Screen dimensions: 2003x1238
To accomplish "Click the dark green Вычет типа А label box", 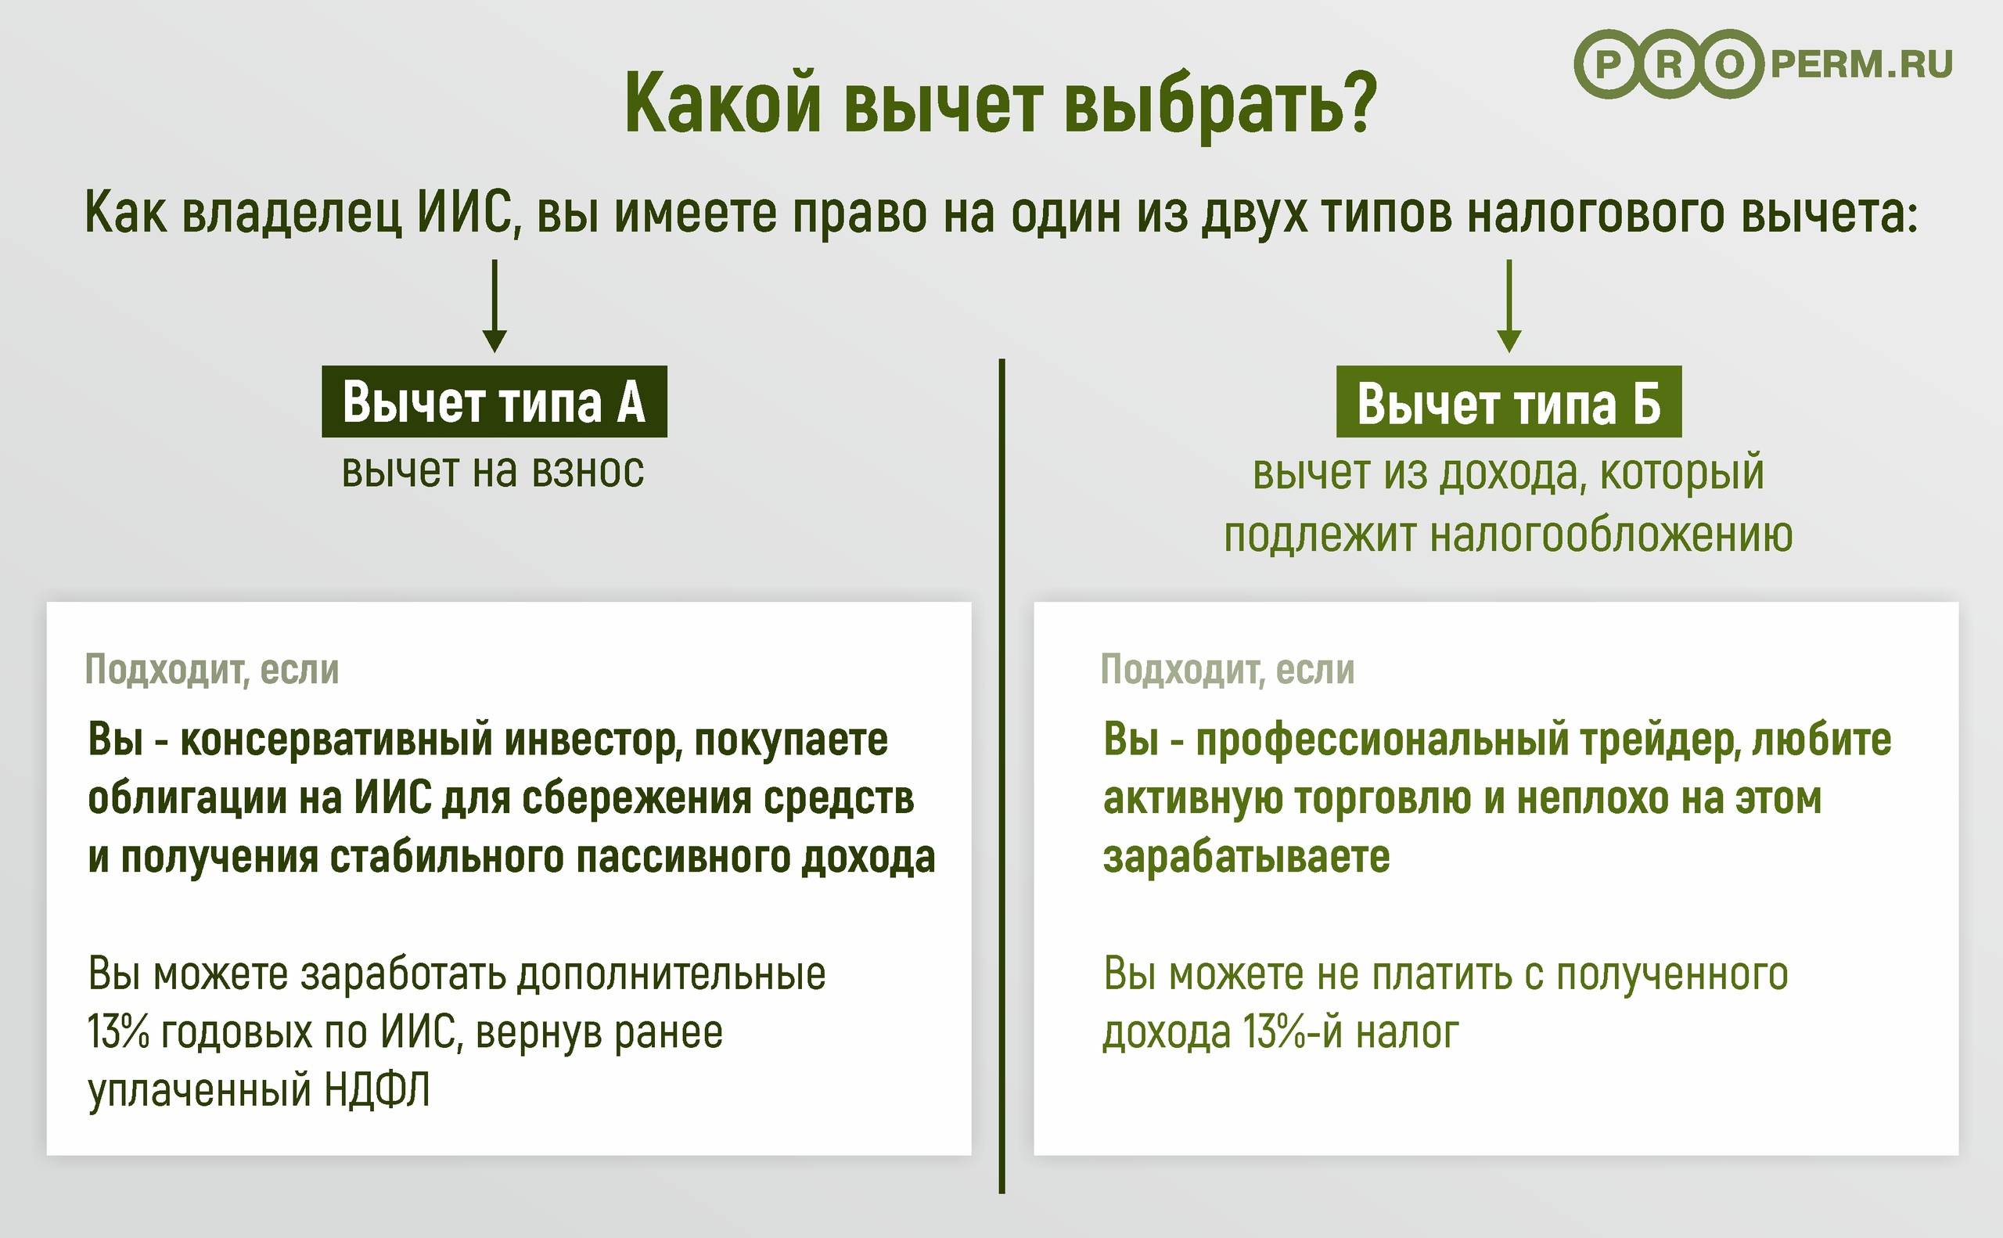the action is pos(494,401).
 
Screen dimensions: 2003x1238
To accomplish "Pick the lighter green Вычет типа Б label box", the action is pos(1509,401).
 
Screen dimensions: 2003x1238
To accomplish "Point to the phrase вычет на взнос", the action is pos(493,472).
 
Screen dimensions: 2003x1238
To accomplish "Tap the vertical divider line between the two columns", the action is pos(1001,776).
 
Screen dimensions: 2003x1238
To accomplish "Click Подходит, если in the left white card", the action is pos(212,670).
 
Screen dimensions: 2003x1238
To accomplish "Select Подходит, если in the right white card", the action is pos(1228,670).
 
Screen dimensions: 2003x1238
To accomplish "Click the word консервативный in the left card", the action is pos(336,740).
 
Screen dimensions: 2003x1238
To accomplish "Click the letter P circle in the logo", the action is pos(1609,65).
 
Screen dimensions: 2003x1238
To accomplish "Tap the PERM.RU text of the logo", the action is pos(1861,65).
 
